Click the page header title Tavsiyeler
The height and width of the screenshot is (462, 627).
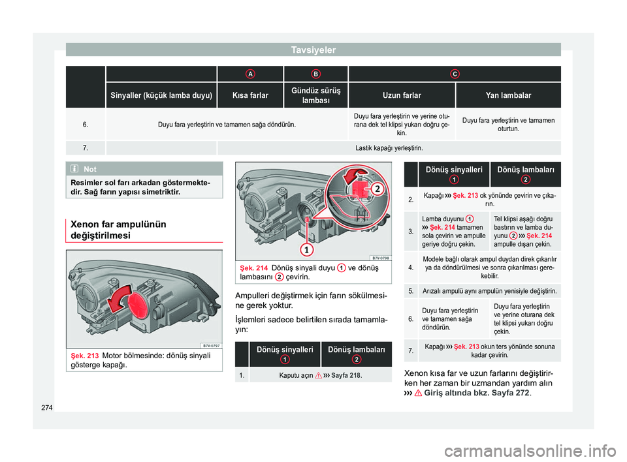pos(314,50)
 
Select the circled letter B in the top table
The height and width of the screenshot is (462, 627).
pos(316,74)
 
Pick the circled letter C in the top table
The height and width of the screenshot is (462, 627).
pos(455,74)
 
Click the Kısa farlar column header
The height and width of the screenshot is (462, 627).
pos(250,95)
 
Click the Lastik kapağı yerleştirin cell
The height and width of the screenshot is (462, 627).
pos(389,148)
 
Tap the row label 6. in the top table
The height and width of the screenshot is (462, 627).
pos(86,124)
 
